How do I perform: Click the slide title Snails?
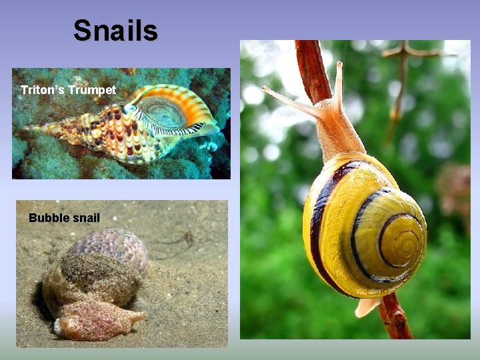point(115,31)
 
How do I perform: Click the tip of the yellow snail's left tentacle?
point(265,89)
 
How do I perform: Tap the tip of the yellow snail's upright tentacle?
point(339,65)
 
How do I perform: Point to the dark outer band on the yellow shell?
point(317,220)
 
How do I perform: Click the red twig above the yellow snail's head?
point(313,67)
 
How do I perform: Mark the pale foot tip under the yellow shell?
point(366,307)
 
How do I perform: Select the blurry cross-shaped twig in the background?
point(404,53)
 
